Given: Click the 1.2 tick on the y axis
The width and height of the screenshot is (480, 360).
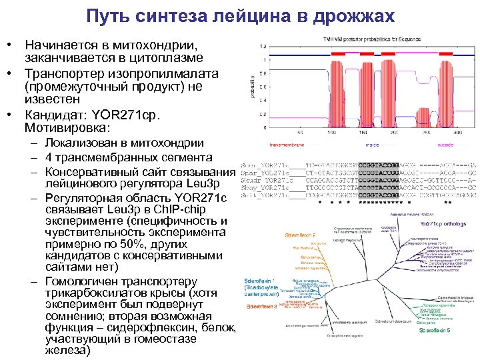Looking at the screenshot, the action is click(263, 46).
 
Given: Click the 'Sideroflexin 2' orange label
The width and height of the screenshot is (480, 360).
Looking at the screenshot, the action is click(300, 235).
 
